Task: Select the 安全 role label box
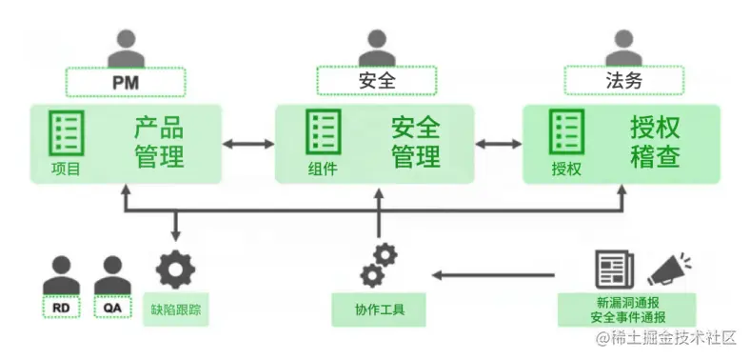tap(376, 82)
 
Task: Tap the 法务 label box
tap(623, 82)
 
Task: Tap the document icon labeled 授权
tap(567, 132)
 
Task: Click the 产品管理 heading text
tap(158, 143)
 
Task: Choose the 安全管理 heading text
tap(415, 143)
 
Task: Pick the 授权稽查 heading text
tap(655, 143)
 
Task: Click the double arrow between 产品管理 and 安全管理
tap(248, 144)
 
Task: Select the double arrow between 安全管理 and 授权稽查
tap(498, 144)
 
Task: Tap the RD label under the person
tap(62, 309)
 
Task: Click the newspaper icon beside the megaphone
tap(615, 270)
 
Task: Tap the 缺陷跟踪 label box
tap(175, 309)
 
